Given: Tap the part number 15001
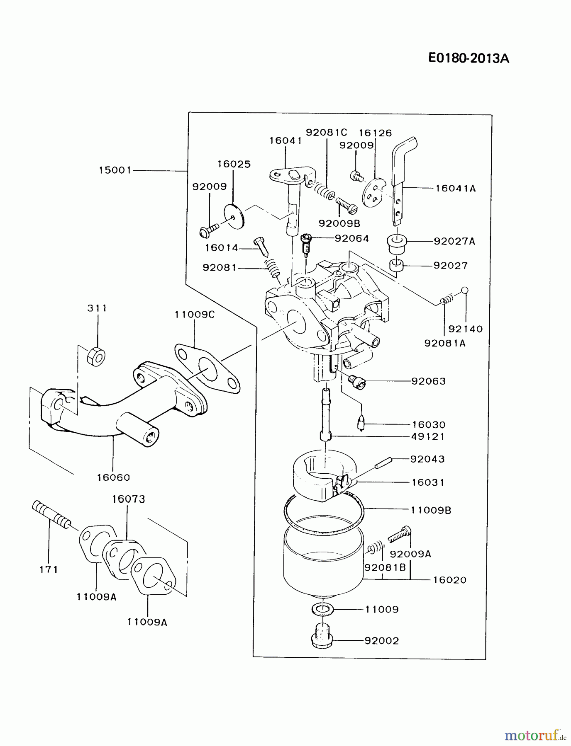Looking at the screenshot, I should [x=115, y=170].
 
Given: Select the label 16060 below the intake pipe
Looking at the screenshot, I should [x=113, y=477].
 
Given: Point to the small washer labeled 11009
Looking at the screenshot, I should [x=322, y=609].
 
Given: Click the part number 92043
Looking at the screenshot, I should [x=427, y=459].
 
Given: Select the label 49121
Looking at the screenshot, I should [x=428, y=436].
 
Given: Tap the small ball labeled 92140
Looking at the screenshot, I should [x=465, y=290].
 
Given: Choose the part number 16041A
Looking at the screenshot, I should [x=455, y=188].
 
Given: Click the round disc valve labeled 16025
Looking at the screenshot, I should [x=235, y=216].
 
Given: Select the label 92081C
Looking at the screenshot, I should [x=326, y=133].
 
